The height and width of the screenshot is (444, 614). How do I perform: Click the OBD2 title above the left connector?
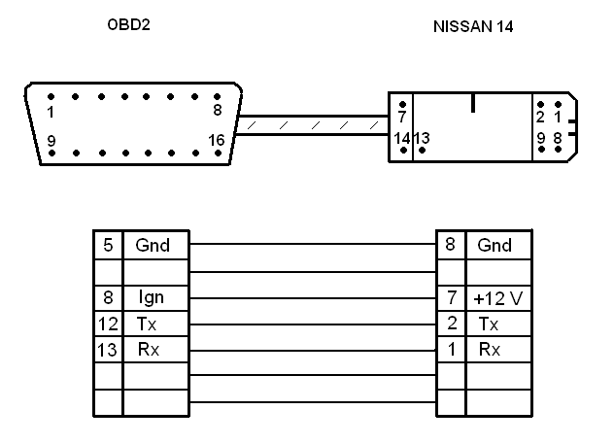[x=128, y=25]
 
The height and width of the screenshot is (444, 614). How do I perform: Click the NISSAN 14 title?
[x=473, y=26]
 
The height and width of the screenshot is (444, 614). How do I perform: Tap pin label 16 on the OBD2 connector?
[x=216, y=141]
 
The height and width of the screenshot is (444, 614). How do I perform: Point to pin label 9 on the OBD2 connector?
[x=51, y=142]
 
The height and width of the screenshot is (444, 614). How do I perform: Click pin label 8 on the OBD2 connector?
[x=217, y=111]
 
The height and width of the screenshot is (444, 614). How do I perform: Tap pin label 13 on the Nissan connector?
[x=422, y=139]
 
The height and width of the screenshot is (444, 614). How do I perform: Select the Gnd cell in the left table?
[x=153, y=246]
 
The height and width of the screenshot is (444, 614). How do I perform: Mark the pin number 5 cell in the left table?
[x=107, y=246]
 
